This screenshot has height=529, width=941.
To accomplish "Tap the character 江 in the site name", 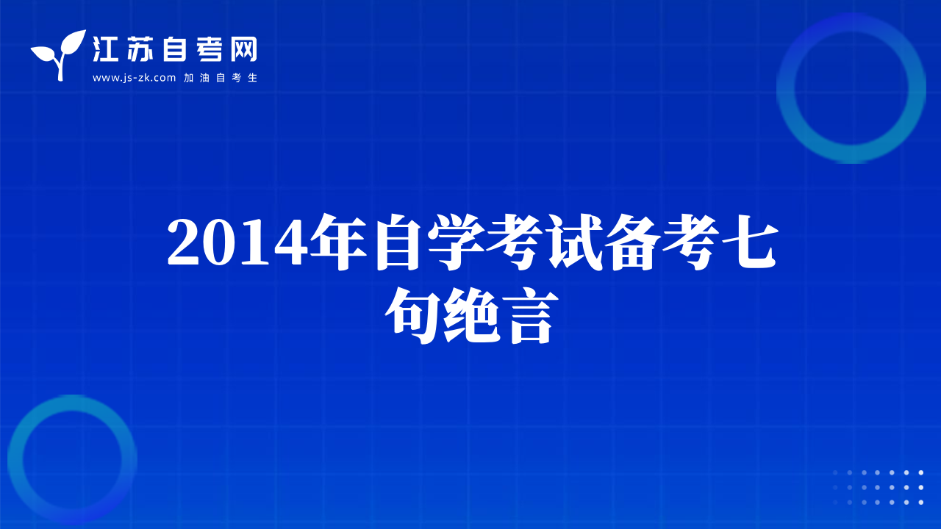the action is click(105, 49).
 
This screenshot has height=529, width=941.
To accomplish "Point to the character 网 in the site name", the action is click(243, 49).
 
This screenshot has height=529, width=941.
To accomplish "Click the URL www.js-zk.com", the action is click(134, 78).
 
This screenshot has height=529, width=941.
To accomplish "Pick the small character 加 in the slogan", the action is click(189, 78).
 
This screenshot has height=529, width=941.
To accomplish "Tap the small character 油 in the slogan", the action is click(204, 78).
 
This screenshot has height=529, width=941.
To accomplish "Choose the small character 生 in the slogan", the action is click(252, 78).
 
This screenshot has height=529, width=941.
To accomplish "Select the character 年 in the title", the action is click(339, 242).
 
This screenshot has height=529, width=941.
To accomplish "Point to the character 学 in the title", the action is click(456, 242).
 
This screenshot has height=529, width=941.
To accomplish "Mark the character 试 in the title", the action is click(574, 242).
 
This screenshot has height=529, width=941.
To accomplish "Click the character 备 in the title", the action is click(633, 242).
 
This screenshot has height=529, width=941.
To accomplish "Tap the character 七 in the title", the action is click(751, 242).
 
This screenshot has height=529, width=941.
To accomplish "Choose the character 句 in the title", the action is click(412, 316).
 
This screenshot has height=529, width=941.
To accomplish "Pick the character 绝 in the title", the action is click(471, 316).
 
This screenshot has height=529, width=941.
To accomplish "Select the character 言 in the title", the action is click(530, 316).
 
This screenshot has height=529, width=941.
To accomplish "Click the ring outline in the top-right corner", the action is click(786, 88).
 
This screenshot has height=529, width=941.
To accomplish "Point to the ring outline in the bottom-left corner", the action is click(15, 459).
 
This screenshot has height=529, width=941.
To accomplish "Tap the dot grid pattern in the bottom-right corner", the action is click(878, 487).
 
